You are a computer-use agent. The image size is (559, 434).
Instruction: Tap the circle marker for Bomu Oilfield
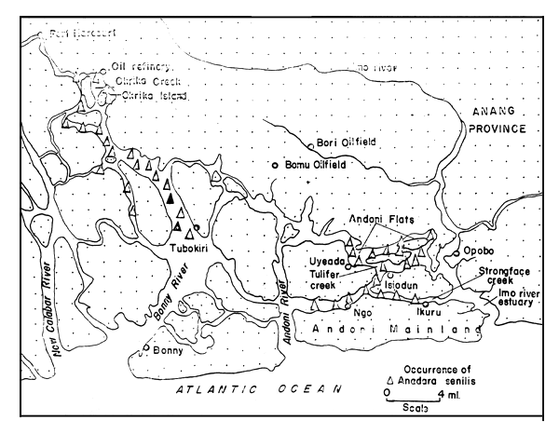275,165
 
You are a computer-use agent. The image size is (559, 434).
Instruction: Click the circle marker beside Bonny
147,349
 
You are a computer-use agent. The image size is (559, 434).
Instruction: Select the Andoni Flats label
377,221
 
